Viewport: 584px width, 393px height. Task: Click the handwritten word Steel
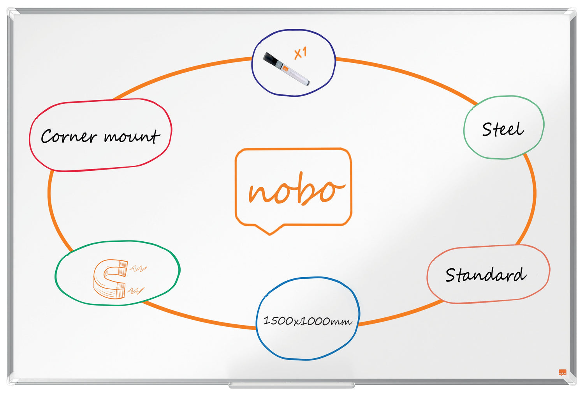(x=503, y=129)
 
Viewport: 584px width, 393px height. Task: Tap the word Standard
(x=485, y=275)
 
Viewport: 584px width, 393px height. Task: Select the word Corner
(x=69, y=136)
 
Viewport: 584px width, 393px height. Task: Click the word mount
(x=132, y=136)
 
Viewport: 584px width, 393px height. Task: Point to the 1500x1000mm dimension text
(x=308, y=321)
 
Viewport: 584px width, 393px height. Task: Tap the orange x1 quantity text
(x=300, y=53)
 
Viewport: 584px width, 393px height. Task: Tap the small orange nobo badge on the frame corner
(x=563, y=372)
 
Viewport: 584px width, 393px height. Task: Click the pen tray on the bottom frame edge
(x=292, y=385)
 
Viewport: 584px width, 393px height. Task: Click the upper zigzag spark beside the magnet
(x=138, y=268)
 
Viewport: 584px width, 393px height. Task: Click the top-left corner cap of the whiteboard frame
(x=11, y=12)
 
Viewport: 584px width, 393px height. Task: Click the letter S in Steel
(x=487, y=129)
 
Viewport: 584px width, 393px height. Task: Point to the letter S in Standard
(x=451, y=275)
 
